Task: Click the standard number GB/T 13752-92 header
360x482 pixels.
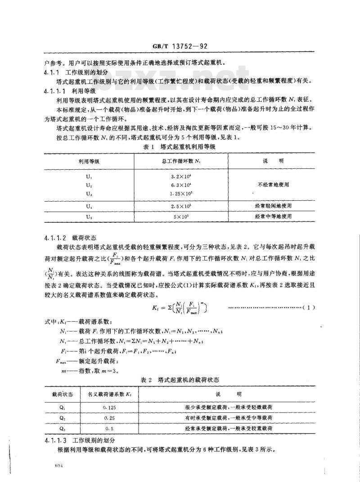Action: click(x=180, y=46)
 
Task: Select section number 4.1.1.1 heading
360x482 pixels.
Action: click(x=56, y=90)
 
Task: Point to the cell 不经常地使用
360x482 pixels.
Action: click(x=274, y=185)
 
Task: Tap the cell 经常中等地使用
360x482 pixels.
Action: click(x=274, y=216)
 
